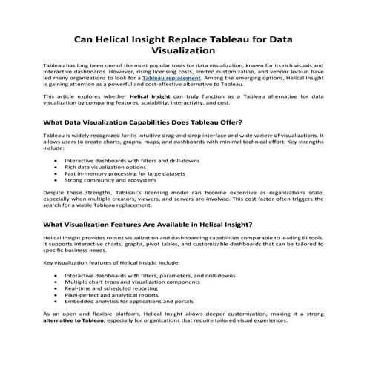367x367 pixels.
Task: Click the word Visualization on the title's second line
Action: tap(183, 52)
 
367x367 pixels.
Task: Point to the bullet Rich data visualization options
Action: tap(110, 168)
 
